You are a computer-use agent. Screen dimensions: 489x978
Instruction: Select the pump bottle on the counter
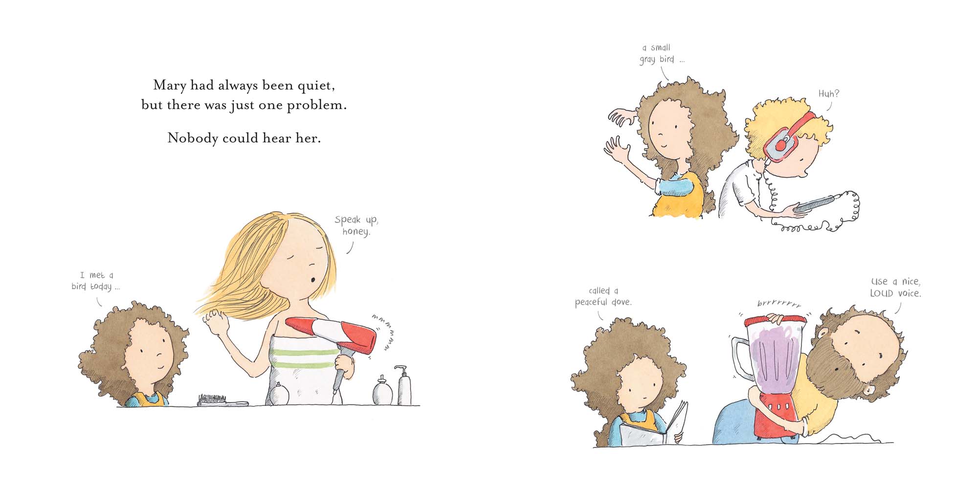point(404,386)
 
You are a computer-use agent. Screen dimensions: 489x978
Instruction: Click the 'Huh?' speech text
point(828,94)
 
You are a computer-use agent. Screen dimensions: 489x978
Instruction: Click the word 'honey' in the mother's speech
point(356,232)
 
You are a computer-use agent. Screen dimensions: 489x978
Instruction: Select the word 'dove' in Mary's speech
point(621,302)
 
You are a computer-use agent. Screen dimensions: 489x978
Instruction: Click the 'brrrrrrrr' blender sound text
point(779,304)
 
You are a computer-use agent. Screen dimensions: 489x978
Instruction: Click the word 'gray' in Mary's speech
point(647,60)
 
